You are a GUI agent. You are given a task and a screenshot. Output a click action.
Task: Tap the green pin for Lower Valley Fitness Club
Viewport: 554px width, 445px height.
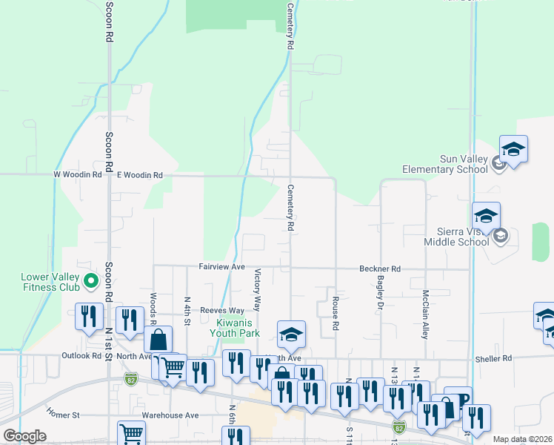(x=91, y=280)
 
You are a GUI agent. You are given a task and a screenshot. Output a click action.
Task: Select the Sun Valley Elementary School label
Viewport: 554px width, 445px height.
(x=444, y=164)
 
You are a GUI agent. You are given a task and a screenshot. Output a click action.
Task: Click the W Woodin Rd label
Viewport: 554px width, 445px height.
(x=78, y=175)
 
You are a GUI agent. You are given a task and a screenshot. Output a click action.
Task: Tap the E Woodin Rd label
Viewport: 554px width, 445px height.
(x=139, y=175)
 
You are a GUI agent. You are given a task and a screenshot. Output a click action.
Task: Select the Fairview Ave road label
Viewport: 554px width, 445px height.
(x=221, y=267)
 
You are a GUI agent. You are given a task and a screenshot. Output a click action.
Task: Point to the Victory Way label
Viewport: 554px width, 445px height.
(x=258, y=289)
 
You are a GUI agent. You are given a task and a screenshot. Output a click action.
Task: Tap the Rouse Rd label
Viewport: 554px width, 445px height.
(x=336, y=314)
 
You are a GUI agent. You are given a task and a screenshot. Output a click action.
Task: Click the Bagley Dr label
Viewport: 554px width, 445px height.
(x=380, y=292)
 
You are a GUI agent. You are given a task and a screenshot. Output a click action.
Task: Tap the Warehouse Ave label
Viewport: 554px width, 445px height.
(x=171, y=415)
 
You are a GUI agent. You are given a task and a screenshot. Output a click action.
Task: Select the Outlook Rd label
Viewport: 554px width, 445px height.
(x=81, y=355)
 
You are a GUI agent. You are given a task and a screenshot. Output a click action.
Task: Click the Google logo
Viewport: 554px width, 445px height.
(x=24, y=436)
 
